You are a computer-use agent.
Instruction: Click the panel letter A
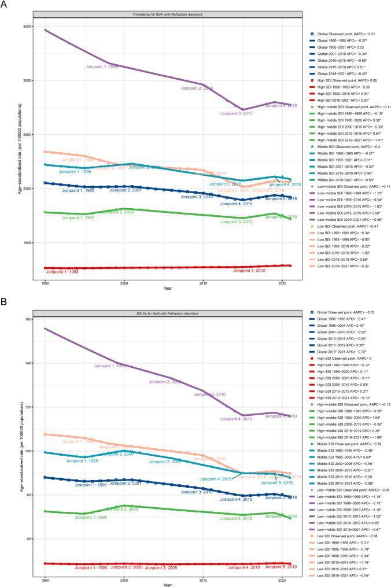(5, 5)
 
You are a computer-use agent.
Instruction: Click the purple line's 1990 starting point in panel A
(45, 29)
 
